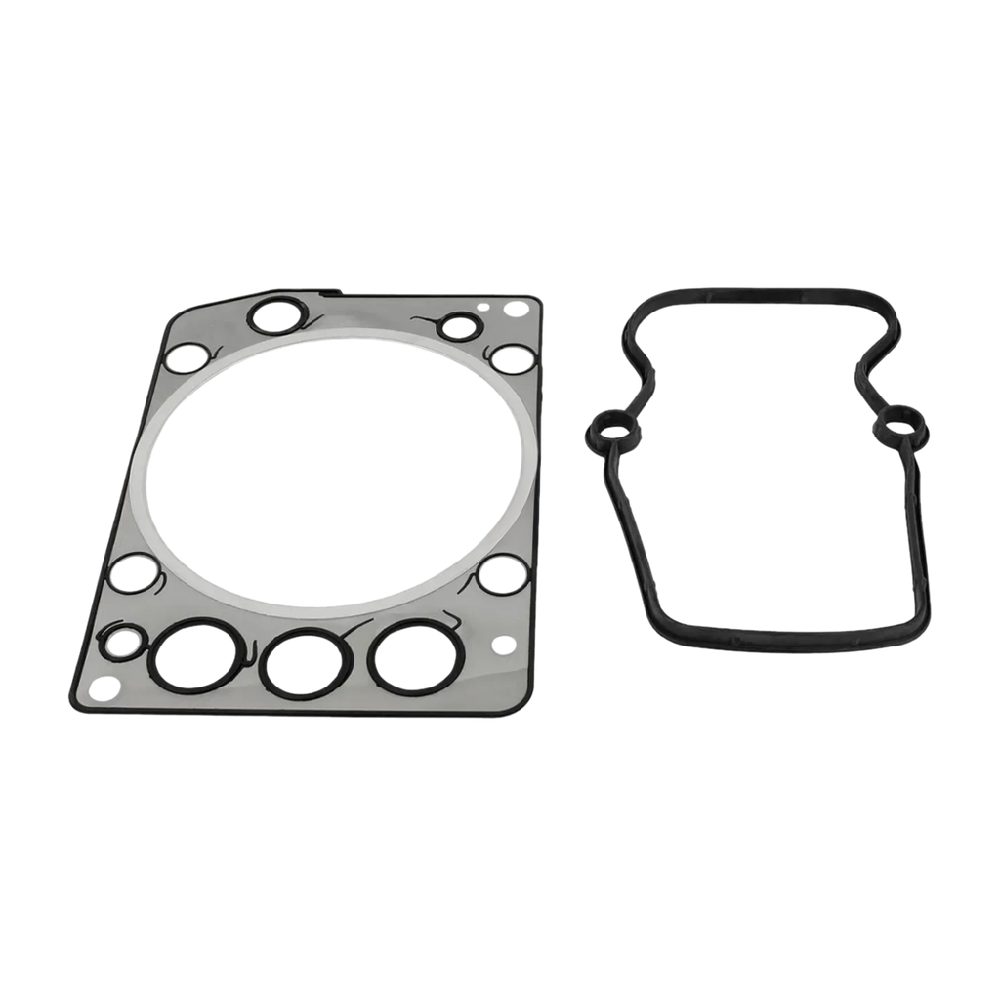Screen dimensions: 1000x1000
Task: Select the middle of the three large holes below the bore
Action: (305, 662)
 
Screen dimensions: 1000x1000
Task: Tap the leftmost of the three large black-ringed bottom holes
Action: (194, 656)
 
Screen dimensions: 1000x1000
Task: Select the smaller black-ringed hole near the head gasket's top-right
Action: (456, 326)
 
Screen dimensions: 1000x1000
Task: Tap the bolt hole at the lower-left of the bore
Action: (129, 571)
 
